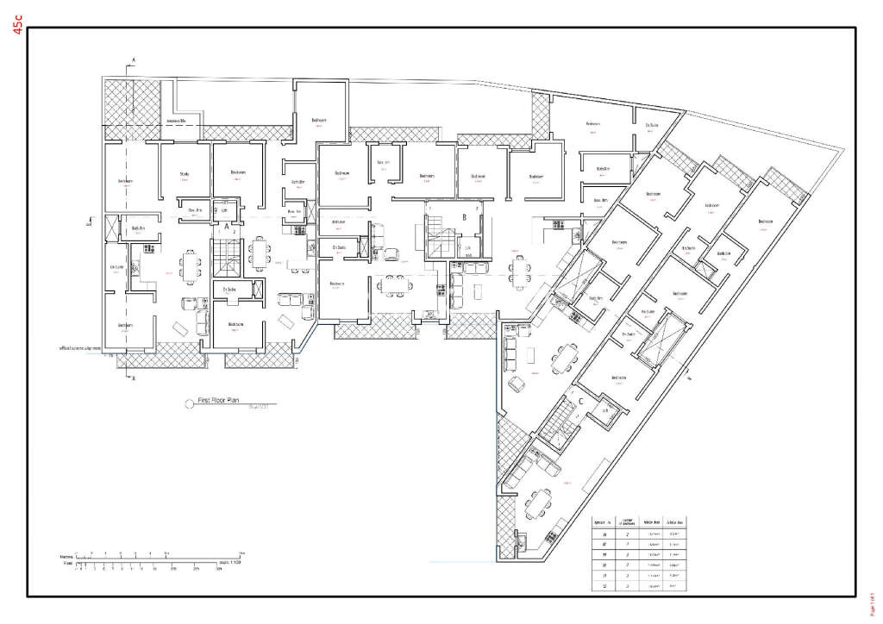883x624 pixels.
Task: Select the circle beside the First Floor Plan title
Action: click(x=189, y=402)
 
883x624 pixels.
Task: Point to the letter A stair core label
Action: click(x=227, y=227)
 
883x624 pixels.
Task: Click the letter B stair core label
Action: click(x=464, y=218)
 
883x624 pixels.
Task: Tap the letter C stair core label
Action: click(x=581, y=400)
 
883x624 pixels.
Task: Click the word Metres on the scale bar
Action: click(x=65, y=558)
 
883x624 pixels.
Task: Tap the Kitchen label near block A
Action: click(x=298, y=182)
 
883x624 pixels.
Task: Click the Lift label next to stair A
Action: click(x=225, y=209)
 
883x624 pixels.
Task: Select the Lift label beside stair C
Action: click(x=606, y=410)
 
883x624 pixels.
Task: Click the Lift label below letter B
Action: click(x=467, y=249)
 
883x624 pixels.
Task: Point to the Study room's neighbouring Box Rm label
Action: click(x=195, y=209)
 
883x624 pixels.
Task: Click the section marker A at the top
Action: click(x=133, y=59)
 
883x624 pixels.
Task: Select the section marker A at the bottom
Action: click(x=133, y=378)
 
